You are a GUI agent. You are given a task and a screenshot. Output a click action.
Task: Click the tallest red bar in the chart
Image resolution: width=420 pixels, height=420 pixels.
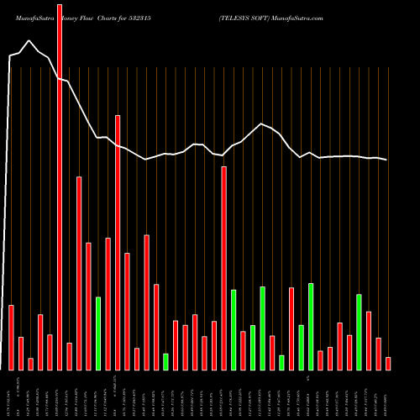(60, 185)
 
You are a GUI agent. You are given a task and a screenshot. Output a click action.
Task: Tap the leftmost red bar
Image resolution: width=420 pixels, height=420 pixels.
(12, 337)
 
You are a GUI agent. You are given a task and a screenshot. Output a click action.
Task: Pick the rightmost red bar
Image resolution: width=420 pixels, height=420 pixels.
(388, 363)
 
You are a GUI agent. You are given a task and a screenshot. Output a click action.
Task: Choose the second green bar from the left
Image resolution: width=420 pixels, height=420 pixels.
(165, 361)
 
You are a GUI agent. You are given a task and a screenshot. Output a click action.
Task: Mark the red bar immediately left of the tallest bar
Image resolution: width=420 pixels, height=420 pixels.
(50, 352)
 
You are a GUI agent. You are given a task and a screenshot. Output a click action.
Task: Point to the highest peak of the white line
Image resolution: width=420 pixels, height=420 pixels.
(30, 40)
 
